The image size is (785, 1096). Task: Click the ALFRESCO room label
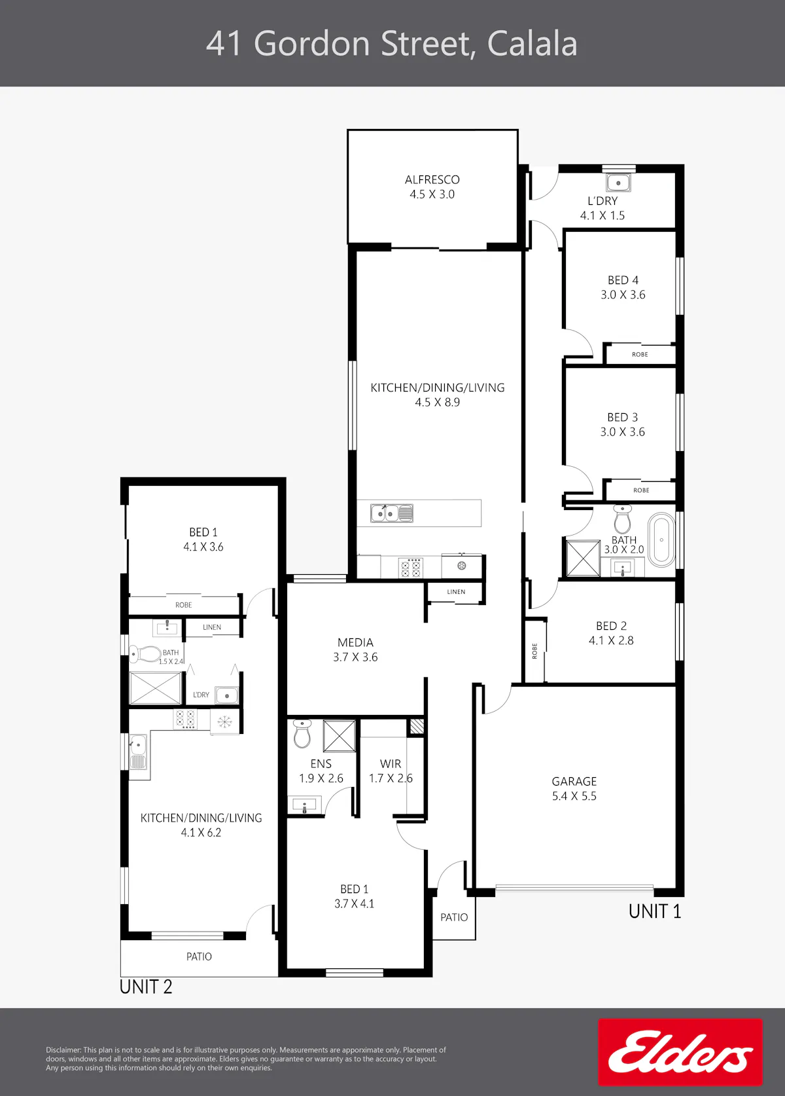[432, 179]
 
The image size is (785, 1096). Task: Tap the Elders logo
[680, 1052]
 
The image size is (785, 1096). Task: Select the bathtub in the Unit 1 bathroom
[661, 540]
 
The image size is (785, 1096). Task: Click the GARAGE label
[574, 781]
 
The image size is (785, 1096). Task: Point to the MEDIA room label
[355, 642]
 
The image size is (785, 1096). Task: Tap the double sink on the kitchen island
[392, 513]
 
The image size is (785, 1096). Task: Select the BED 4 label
[623, 280]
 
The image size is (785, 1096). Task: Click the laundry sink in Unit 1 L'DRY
[618, 183]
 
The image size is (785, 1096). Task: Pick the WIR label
[390, 764]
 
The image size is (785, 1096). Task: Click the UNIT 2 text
[146, 987]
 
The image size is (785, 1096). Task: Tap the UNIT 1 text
[654, 911]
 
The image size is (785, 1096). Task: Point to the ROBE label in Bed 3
[641, 490]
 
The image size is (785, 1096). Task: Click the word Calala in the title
[532, 44]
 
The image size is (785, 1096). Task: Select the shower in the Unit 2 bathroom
[155, 688]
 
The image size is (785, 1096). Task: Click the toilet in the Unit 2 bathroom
[145, 653]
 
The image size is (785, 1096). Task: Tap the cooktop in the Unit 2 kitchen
[185, 720]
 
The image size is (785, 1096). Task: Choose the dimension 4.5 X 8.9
[438, 402]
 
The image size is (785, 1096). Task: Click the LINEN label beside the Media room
[456, 592]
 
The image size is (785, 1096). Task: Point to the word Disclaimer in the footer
[63, 1050]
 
